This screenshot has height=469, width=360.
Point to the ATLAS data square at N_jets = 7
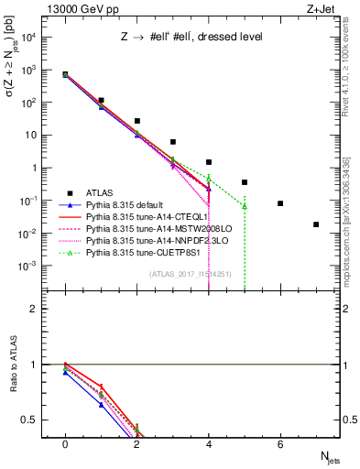tap(316, 224)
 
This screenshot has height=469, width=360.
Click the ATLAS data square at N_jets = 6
tap(280, 203)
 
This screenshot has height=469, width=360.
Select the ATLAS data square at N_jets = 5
tap(245, 182)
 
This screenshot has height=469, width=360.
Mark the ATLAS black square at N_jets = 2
tap(136, 121)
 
